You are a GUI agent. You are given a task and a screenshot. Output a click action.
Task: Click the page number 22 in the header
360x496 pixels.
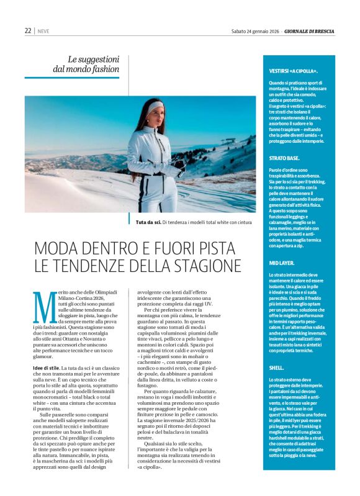pos(28,30)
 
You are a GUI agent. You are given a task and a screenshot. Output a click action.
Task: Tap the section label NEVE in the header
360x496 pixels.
pos(43,30)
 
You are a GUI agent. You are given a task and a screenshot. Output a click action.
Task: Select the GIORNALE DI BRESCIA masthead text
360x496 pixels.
pos(310,30)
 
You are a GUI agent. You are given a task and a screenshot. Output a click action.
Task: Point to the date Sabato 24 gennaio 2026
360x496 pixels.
pos(254,30)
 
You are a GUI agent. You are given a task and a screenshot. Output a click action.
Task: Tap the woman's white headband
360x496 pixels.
pos(155,106)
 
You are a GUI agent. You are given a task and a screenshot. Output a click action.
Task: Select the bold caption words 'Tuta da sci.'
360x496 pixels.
pos(149,221)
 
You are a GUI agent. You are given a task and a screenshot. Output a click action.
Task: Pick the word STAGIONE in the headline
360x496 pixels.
pos(205,266)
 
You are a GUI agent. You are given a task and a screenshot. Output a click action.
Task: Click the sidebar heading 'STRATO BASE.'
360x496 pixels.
pos(285,158)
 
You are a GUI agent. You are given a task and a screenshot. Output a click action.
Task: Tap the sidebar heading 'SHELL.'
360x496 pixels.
pos(277,351)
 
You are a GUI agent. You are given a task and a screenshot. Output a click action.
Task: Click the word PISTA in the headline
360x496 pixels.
pos(218,248)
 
